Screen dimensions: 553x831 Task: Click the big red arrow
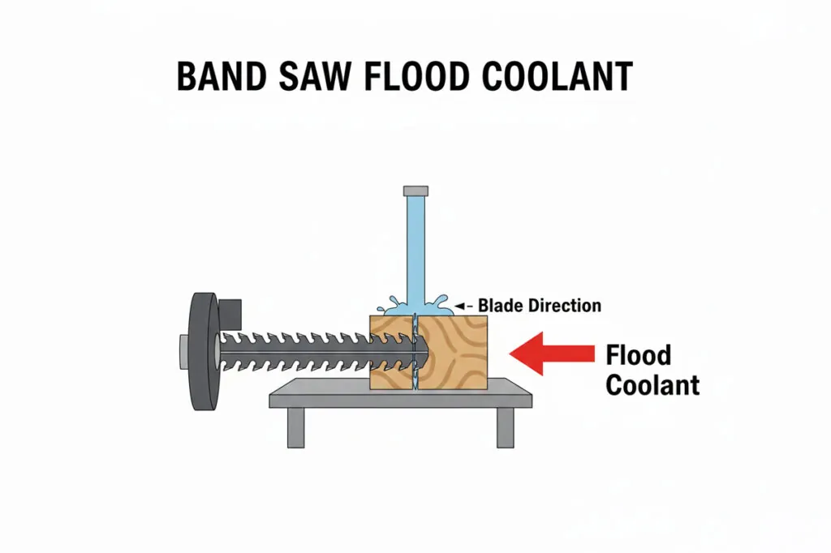pyautogui.click(x=551, y=353)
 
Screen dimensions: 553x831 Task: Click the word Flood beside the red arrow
pyautogui.click(x=639, y=356)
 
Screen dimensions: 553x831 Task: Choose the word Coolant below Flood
pyautogui.click(x=652, y=384)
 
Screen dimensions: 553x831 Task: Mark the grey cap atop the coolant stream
pyautogui.click(x=414, y=190)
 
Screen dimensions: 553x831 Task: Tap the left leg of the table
pyautogui.click(x=296, y=427)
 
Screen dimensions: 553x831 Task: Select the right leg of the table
pyautogui.click(x=505, y=427)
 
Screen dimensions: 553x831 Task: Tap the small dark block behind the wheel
pyautogui.click(x=230, y=310)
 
